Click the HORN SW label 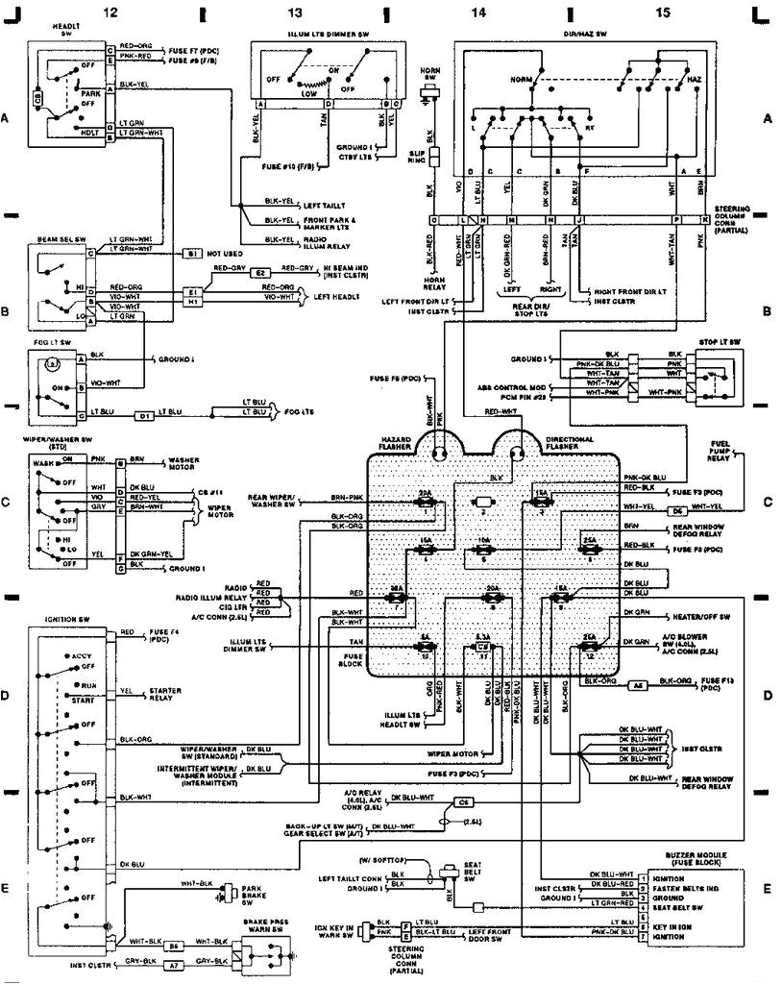tap(428, 72)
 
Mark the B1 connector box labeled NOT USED tap(193, 254)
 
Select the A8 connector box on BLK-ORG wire tap(636, 684)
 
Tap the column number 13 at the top tap(295, 12)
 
